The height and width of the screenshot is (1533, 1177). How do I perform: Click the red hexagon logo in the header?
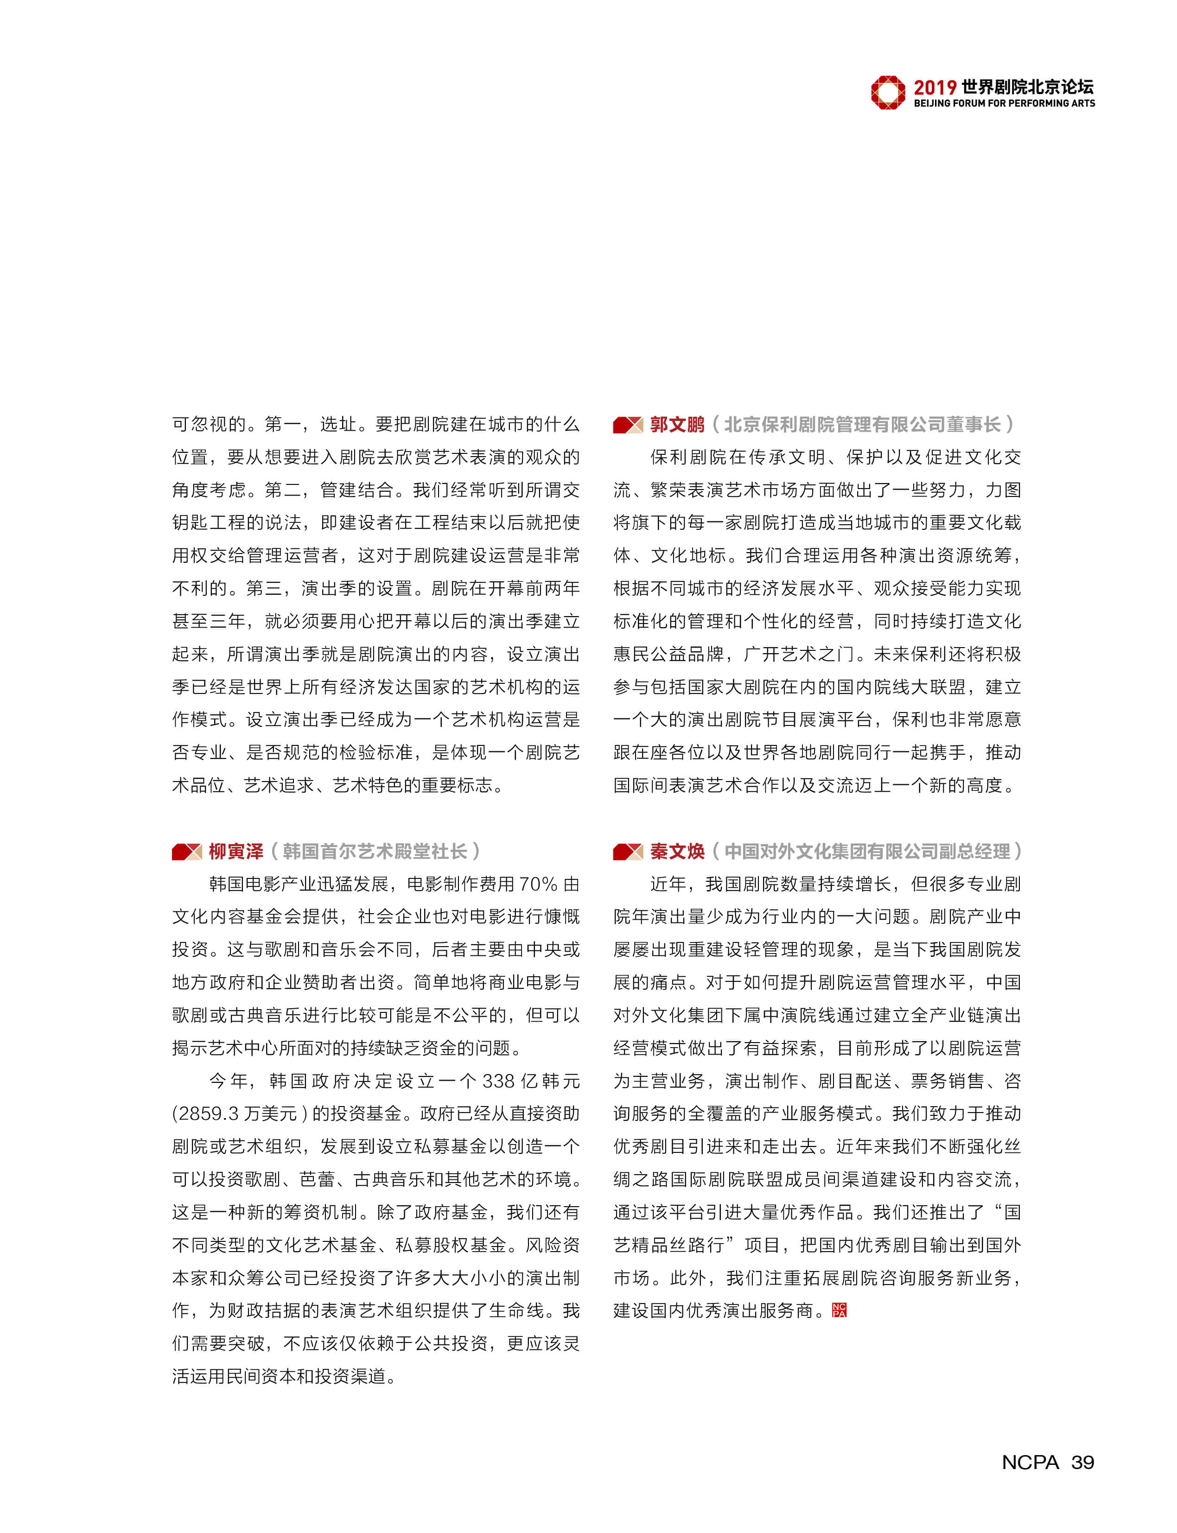coord(888,93)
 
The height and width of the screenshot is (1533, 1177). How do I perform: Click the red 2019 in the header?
coord(935,88)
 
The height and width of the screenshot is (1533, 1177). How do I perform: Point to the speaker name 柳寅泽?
coord(235,851)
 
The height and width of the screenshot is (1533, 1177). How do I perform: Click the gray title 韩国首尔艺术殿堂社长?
coord(375,851)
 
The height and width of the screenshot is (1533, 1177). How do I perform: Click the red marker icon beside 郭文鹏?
coord(627,425)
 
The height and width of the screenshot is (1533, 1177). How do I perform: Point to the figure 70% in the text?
coord(537,884)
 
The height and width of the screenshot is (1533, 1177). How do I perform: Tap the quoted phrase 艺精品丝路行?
coord(668,1245)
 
